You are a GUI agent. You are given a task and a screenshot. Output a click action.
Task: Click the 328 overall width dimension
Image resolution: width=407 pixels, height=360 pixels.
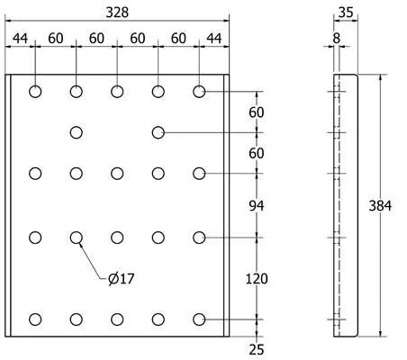[117, 13]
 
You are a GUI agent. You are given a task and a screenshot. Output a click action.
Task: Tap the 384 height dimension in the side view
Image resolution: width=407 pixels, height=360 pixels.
[380, 206]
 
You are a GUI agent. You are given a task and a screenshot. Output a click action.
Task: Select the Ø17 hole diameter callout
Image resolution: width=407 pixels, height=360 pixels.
[122, 279]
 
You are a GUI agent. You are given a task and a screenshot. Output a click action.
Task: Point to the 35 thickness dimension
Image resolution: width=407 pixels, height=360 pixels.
[346, 13]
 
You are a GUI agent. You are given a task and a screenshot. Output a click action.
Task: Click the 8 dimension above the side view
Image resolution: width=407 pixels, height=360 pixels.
[337, 38]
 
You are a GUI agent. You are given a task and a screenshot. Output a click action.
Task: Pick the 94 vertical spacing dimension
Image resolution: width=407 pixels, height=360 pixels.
[257, 206]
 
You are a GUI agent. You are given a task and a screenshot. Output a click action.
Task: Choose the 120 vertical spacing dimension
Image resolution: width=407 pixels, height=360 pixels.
[257, 279]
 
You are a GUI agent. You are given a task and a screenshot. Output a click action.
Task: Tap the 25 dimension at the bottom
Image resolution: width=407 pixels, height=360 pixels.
[257, 350]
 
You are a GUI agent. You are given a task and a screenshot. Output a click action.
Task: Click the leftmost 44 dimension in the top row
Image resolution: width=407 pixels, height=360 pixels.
[20, 38]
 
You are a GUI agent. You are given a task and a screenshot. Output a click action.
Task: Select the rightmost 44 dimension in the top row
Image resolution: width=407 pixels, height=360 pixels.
[214, 38]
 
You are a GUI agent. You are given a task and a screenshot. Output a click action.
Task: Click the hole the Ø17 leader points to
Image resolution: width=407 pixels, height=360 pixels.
[77, 238]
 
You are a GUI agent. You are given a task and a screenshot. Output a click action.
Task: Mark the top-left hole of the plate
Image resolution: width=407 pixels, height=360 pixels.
[35, 92]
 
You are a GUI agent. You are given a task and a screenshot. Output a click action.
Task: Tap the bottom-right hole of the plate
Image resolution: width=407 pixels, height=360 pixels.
[199, 319]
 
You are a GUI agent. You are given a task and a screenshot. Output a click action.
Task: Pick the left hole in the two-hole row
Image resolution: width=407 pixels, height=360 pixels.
[77, 132]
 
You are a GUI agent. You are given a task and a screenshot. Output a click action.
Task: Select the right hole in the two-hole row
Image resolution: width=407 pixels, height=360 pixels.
[158, 132]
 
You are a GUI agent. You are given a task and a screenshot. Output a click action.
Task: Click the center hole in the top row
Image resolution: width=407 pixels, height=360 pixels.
[117, 92]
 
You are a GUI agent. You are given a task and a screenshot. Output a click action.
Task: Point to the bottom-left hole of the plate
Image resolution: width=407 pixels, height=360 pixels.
[35, 319]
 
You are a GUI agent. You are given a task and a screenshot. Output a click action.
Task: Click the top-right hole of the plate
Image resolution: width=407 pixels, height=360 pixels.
[199, 92]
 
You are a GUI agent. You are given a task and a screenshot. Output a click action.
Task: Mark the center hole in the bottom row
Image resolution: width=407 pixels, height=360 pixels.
[117, 319]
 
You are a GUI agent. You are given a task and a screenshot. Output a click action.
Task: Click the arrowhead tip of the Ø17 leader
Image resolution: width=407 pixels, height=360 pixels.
[79, 243]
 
